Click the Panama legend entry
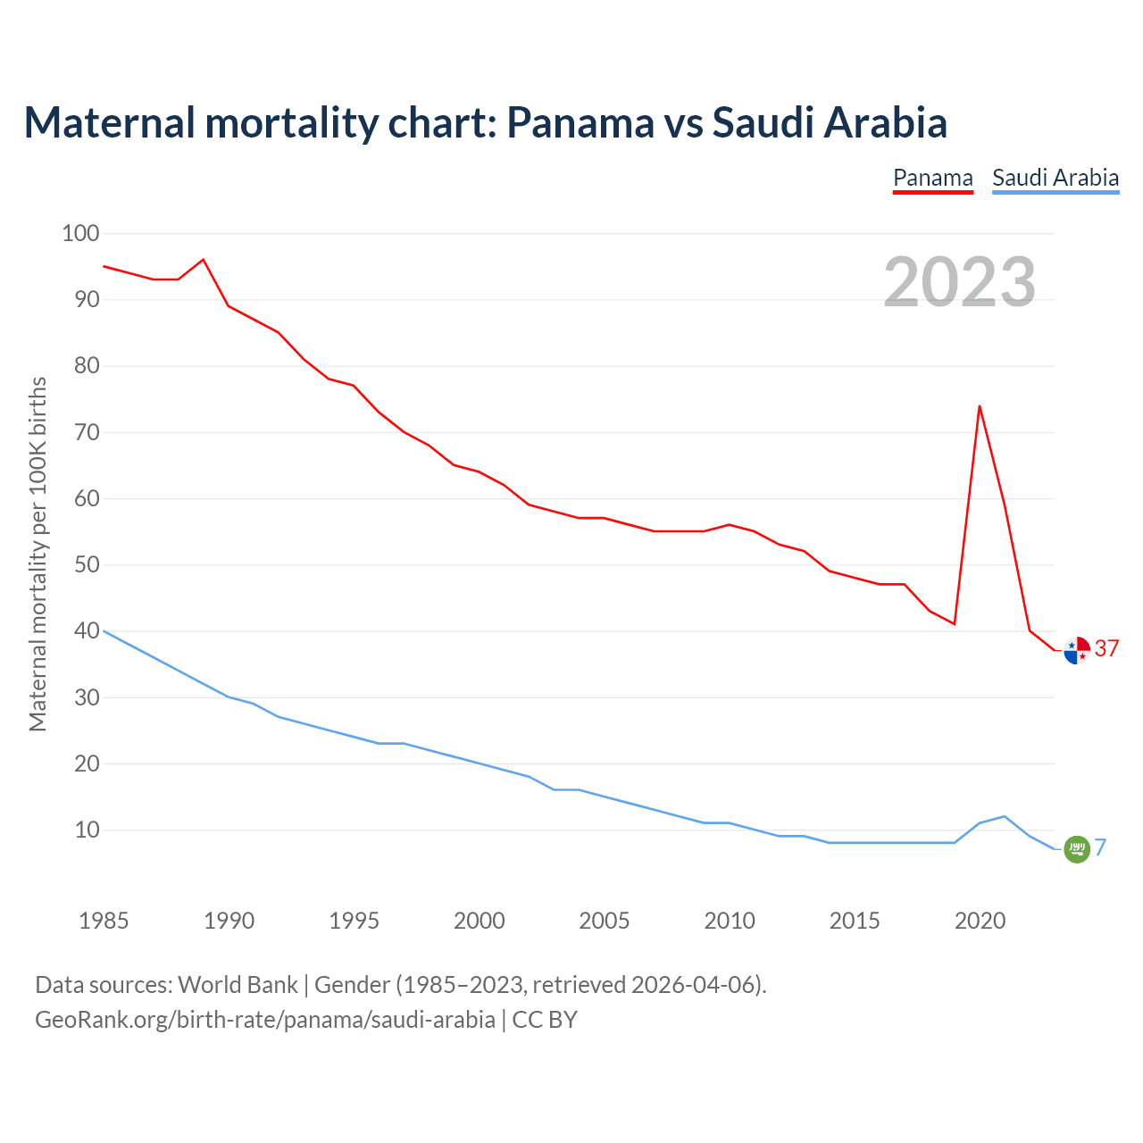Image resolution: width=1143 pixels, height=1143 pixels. coord(932,178)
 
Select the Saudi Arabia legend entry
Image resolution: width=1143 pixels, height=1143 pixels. coord(1055,178)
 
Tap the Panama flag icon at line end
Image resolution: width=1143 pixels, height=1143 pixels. coord(1077,650)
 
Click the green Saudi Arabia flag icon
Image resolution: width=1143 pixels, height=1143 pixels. coord(1077,849)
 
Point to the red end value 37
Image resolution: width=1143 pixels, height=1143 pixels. coord(1107,649)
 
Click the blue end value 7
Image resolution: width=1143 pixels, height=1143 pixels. coord(1101,847)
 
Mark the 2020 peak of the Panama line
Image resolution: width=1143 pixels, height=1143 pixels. coord(980,406)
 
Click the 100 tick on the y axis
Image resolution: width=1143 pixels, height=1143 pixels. coord(80,234)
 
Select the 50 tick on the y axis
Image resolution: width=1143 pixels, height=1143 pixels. coord(87,565)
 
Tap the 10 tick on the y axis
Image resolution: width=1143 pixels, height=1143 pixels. coord(87,830)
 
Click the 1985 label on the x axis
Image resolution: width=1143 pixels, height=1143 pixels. coord(104,921)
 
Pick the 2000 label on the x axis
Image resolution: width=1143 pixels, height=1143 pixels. coord(480,921)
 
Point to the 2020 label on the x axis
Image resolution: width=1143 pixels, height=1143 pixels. coord(980,921)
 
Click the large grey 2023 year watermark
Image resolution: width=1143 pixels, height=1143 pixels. coord(960,282)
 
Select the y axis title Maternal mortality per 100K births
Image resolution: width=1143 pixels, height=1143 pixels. coord(38,554)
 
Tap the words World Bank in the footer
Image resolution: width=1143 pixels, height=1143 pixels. coord(238,985)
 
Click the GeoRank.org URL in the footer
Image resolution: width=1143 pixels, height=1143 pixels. coord(264,1020)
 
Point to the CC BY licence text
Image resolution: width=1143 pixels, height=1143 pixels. coord(545,1020)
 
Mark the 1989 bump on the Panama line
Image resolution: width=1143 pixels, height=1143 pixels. coord(203,260)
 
